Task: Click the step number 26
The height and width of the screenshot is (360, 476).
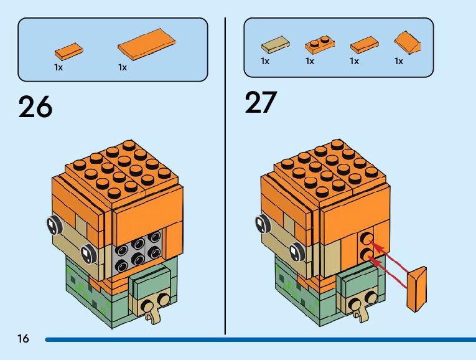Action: pos(35,107)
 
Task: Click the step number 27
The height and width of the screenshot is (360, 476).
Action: pos(261,103)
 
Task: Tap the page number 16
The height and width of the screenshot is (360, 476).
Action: pos(23,339)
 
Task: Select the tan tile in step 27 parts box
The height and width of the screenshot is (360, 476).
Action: pos(272,46)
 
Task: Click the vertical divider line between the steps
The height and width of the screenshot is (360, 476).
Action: pos(225,174)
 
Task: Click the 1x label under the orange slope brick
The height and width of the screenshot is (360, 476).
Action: pos(399,61)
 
